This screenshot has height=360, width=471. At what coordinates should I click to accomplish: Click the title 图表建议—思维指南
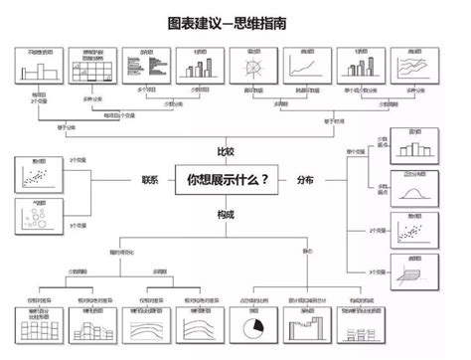[235, 22]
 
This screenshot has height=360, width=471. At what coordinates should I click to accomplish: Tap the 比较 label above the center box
[228, 152]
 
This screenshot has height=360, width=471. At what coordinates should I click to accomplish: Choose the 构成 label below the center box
[228, 213]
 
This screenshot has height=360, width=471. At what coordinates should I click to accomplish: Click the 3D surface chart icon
[415, 273]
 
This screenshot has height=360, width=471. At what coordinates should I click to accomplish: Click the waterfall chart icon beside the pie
[305, 325]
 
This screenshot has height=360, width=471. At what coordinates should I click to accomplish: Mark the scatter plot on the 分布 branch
[415, 232]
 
